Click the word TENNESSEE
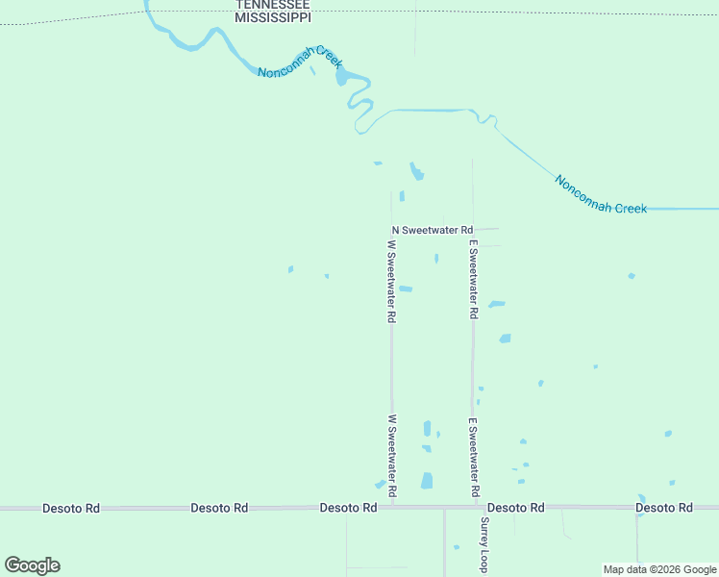coord(274,5)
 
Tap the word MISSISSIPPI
coord(274,17)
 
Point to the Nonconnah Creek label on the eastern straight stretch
coord(601,194)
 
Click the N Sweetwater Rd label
coord(433,230)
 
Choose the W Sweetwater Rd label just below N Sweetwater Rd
coord(392,280)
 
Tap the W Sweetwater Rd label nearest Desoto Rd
coord(392,456)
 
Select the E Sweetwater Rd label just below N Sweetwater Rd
coord(473,280)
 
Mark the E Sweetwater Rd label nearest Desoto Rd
coord(473,457)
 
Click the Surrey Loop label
coord(484,544)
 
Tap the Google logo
coord(32,565)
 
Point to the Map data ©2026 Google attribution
coord(659,569)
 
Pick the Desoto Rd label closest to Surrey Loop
coord(516,507)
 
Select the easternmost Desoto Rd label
coord(664,507)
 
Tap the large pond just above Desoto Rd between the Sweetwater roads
coord(426,480)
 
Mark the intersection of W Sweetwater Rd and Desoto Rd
coord(392,507)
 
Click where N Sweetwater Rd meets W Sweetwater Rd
coord(391,230)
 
